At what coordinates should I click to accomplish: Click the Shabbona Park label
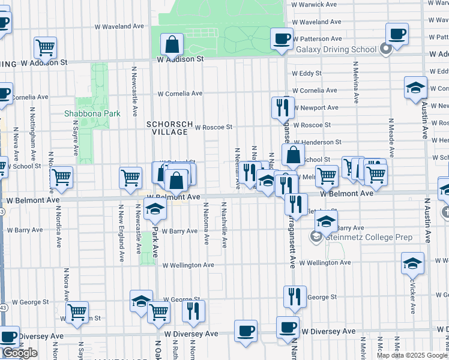coord(92,113)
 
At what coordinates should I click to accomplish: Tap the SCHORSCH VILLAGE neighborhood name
coord(170,128)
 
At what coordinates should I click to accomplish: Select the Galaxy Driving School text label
coord(336,49)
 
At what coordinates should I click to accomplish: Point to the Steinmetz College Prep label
coord(369,237)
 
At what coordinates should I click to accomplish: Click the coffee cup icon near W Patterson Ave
coord(282,39)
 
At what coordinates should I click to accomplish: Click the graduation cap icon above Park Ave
coord(154,210)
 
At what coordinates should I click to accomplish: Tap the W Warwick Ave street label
coord(314,4)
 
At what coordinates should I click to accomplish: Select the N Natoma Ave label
coord(206,223)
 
